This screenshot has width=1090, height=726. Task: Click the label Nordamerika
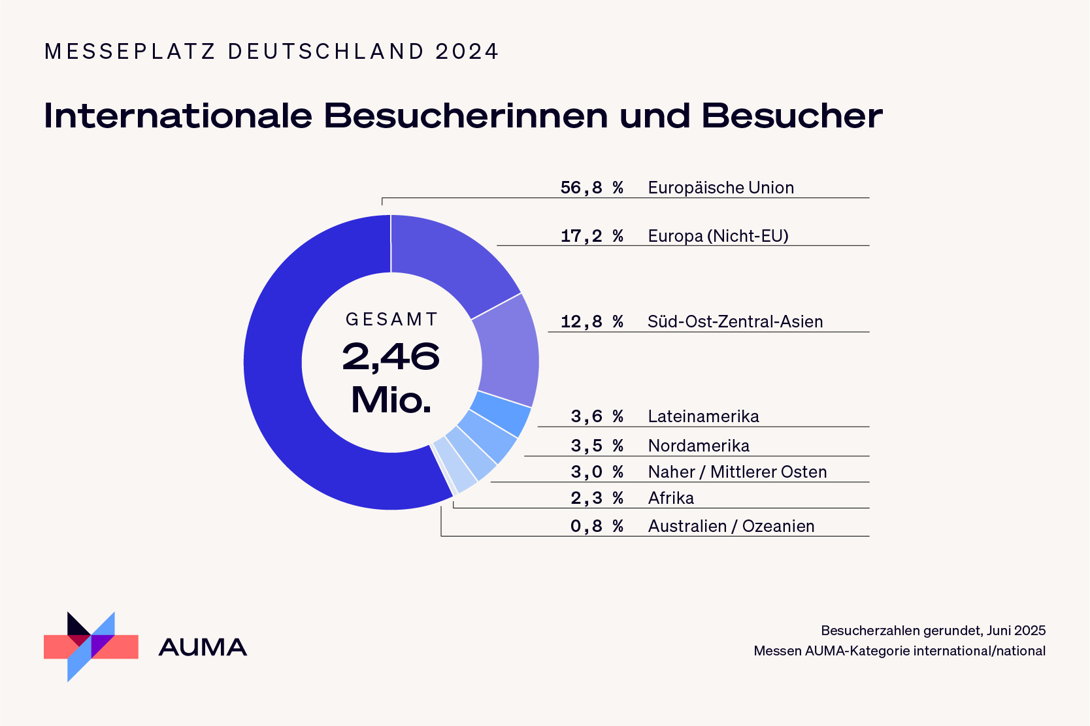699,446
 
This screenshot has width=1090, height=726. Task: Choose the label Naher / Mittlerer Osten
737,472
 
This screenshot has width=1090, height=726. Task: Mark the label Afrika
670,498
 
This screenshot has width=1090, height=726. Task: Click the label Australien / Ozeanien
731,526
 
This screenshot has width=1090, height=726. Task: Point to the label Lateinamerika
703,416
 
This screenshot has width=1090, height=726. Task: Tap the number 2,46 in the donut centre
391,357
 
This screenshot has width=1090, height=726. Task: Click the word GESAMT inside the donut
391,320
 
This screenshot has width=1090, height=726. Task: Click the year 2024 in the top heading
467,52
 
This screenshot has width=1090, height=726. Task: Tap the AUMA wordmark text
203,648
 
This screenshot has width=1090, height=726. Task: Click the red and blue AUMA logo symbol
91,647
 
